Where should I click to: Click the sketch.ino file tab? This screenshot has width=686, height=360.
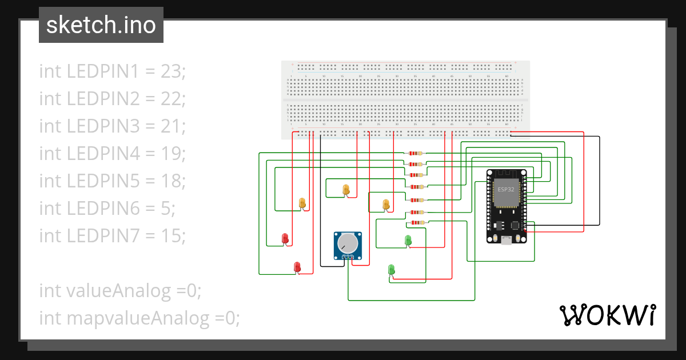coord(101,25)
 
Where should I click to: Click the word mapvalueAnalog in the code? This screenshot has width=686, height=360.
coord(139,318)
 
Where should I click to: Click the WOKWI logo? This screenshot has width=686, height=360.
coord(607,315)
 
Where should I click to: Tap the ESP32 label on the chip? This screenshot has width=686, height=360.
coord(506,189)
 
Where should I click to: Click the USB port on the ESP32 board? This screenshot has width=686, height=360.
coord(506,241)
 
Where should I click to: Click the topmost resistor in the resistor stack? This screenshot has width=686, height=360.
coord(416,153)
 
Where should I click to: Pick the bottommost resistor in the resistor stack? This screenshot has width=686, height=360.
coord(418,222)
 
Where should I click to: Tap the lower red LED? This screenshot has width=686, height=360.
coord(297,267)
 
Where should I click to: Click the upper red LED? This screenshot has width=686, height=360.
coord(285,238)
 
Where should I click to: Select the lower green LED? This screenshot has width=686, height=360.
coord(392,269)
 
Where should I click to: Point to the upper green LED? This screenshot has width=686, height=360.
coord(408,240)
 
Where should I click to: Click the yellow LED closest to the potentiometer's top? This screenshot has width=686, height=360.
coord(345,189)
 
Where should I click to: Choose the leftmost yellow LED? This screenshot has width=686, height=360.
coord(302,203)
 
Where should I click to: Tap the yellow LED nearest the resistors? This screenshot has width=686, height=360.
coord(385,204)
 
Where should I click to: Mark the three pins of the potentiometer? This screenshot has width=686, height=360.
coord(348,258)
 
